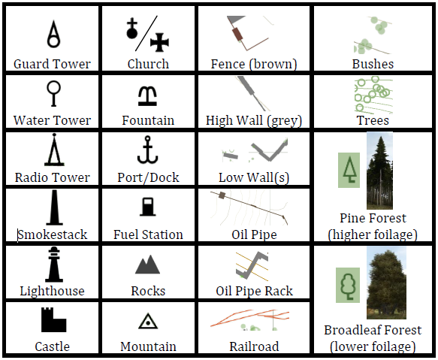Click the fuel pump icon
(x=148, y=207)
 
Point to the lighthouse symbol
(x=54, y=265)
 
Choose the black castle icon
(x=53, y=319)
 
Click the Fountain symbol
(x=147, y=96)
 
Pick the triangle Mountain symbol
(x=148, y=321)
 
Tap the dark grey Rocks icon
(x=147, y=265)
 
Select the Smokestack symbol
(x=55, y=208)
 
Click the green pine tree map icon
(x=349, y=170)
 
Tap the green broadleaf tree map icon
(x=348, y=285)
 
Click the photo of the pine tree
(x=379, y=171)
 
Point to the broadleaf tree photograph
(x=386, y=283)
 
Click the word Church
(x=148, y=64)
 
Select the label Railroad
(x=254, y=346)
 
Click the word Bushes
(x=373, y=64)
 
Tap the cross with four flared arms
(x=159, y=43)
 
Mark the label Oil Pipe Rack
(x=254, y=291)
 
